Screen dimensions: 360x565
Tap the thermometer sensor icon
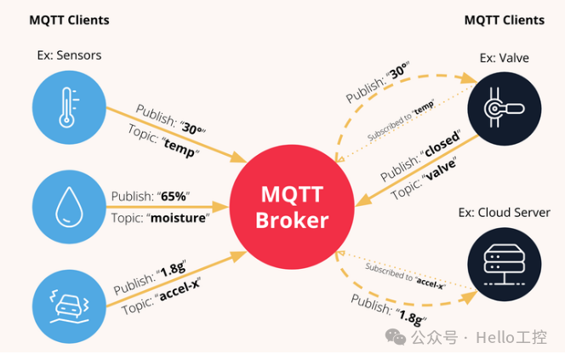66,107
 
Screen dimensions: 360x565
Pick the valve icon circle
504,107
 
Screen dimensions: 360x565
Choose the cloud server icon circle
504,268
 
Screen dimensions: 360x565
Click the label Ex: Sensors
69,56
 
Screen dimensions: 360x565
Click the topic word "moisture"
179,218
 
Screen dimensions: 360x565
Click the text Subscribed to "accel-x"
405,277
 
